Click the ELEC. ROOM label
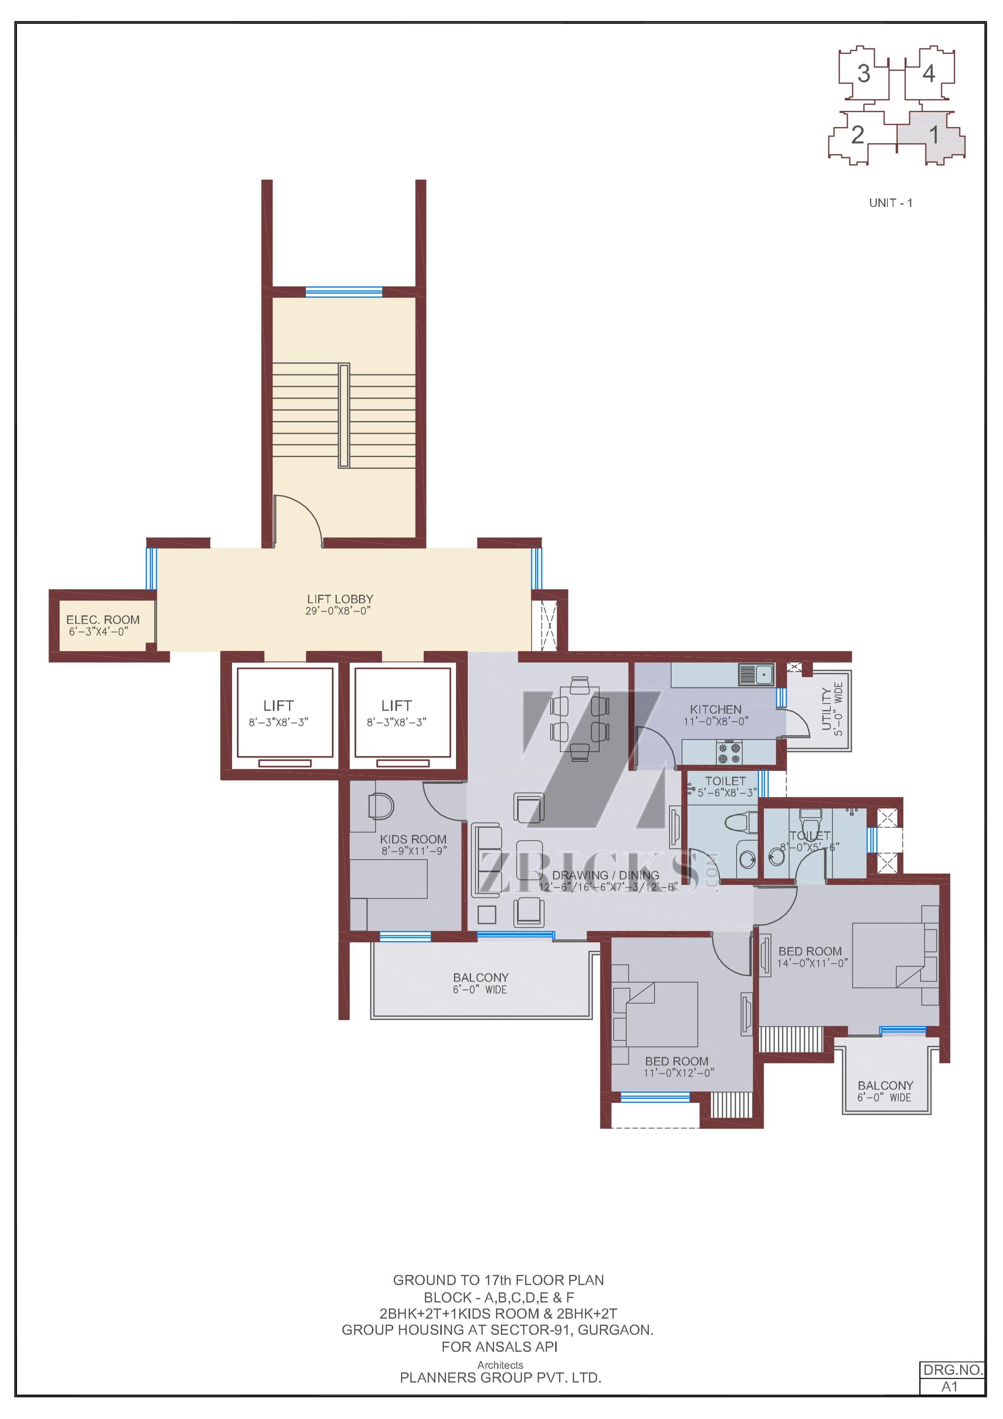(103, 619)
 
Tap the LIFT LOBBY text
(340, 599)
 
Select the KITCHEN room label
(716, 709)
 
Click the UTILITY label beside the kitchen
(827, 709)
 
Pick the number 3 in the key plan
(864, 74)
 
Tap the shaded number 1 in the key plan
(934, 134)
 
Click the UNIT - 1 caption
(891, 203)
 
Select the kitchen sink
(756, 674)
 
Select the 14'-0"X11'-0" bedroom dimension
(812, 962)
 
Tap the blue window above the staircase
(344, 292)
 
